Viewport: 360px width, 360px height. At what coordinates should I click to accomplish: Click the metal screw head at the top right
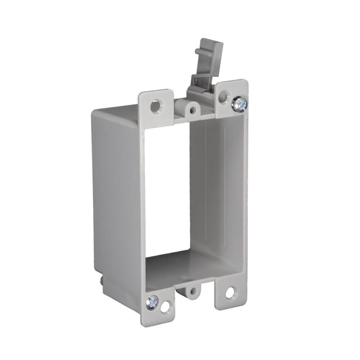[x=239, y=104]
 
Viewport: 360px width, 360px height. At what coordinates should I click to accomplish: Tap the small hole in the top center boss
[x=190, y=108]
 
